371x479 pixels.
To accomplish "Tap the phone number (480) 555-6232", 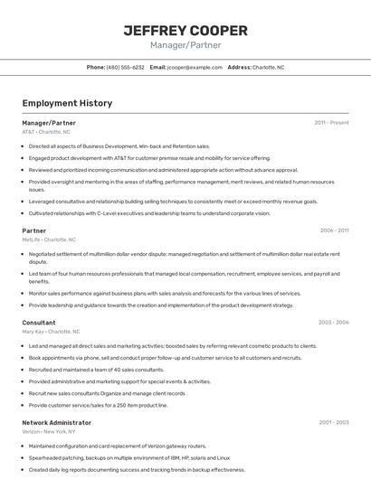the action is coord(125,67).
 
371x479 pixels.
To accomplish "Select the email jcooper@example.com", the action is coord(195,67).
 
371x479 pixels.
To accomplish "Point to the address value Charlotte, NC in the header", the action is coord(268,67).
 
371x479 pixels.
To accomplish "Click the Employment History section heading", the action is coord(67,103).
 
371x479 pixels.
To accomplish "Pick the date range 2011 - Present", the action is coord(331,122).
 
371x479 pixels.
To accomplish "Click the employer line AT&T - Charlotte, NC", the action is coord(45,131).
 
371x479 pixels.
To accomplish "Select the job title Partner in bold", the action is coord(34,230).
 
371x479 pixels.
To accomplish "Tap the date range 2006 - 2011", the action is coord(334,230).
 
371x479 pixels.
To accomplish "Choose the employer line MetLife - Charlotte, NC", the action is coord(49,239).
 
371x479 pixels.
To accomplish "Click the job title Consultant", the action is coord(39,322).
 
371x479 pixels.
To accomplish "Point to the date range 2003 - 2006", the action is coord(334,322).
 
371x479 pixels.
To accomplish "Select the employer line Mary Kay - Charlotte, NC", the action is coord(52,331).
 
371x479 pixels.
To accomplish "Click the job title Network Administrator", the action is coord(56,422).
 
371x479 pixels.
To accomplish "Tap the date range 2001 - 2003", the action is coord(334,422).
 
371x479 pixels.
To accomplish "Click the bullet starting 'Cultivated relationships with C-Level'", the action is coord(149,213).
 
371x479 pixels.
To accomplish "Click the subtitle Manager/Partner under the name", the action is coord(185,45).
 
